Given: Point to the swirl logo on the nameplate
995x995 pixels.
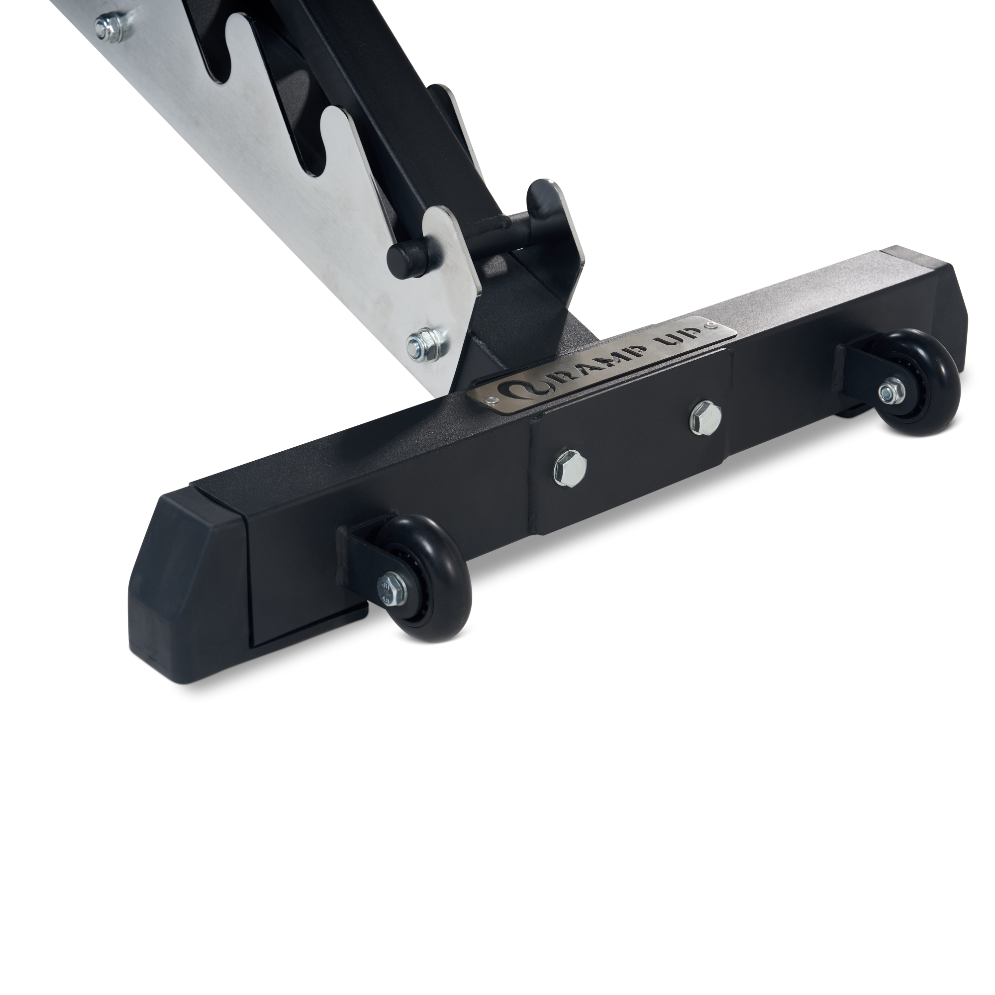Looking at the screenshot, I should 515,390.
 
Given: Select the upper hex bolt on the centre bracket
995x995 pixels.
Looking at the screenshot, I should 704,410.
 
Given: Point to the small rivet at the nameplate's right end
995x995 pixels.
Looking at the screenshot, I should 711,324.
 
